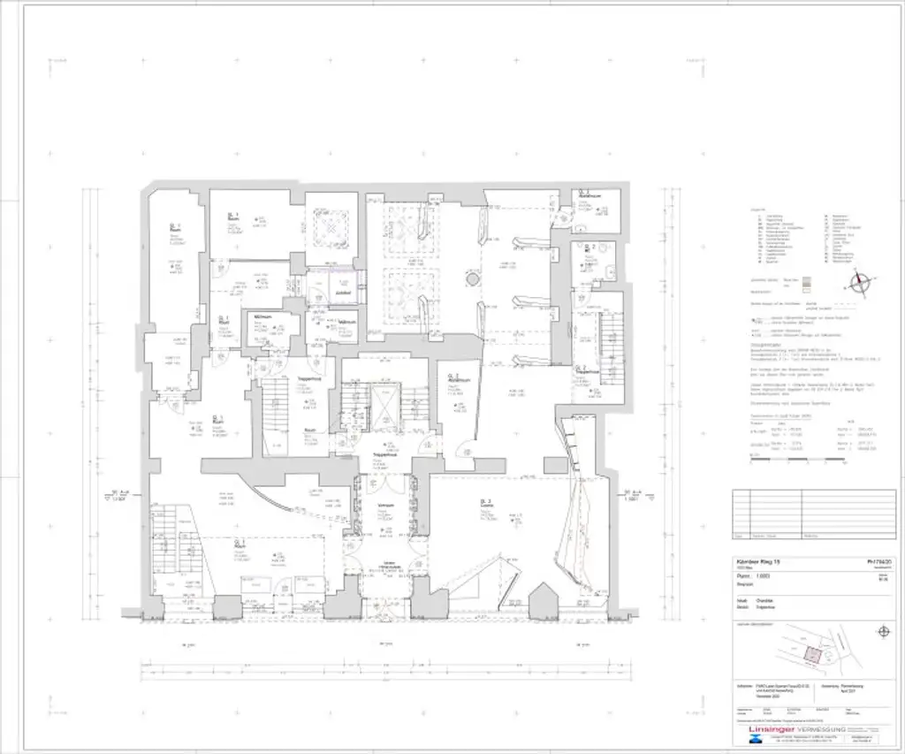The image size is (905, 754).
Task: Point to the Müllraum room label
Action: pos(263,316)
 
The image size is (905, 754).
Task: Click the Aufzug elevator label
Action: pos(343,292)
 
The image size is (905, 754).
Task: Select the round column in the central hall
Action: pos(473,279)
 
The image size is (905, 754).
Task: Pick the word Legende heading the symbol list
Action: pos(757,209)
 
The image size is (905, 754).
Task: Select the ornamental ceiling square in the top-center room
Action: pos(331,227)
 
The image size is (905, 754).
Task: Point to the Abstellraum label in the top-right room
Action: pos(589,195)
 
